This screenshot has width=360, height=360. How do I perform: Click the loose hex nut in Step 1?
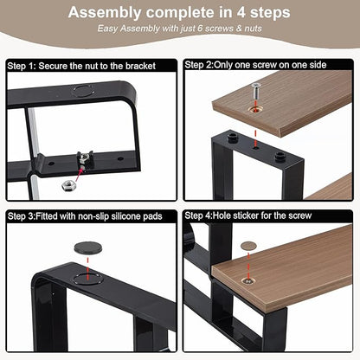(68, 185)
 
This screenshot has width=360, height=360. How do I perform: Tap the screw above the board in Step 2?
(255, 91)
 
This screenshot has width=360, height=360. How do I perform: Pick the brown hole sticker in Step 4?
(248, 246)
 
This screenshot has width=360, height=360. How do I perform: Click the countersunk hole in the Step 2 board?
(256, 110)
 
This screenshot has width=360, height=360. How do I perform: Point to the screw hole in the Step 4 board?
(248, 280)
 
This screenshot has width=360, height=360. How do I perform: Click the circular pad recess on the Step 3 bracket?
(87, 279)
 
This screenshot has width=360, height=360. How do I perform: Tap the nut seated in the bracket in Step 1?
(84, 158)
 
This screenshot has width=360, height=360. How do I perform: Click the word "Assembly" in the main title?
(105, 13)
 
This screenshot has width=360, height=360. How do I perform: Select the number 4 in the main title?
(241, 12)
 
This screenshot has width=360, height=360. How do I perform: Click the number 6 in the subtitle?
(201, 29)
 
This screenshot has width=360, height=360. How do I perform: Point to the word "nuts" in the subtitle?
(254, 29)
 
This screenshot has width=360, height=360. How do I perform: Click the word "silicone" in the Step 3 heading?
(126, 216)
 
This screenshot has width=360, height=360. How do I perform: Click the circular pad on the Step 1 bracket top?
(84, 91)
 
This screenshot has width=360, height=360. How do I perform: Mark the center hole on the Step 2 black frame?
(255, 148)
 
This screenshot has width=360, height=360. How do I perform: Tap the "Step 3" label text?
(20, 216)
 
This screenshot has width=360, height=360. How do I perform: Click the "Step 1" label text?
(20, 66)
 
